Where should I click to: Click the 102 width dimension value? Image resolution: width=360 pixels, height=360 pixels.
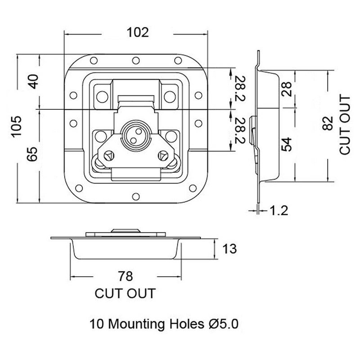[x=138, y=32]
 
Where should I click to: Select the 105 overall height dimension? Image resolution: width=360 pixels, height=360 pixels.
[x=17, y=127]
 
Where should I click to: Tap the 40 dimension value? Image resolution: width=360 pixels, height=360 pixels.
[x=34, y=81]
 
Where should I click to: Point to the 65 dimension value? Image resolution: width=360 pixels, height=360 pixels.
[x=32, y=154]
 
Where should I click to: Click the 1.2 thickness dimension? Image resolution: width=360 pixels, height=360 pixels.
[x=278, y=210]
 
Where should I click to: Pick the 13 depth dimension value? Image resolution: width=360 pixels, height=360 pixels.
[x=229, y=249]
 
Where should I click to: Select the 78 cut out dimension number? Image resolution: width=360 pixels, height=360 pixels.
[x=126, y=276]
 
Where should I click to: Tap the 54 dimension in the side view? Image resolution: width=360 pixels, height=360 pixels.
[x=287, y=144]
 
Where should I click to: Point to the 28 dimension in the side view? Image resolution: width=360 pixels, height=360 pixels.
[x=287, y=89]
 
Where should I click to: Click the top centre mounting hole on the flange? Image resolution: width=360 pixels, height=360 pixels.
[x=136, y=61]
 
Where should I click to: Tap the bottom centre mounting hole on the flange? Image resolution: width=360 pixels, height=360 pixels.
[x=136, y=197]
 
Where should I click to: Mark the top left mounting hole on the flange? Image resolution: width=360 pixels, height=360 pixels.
[x=94, y=61]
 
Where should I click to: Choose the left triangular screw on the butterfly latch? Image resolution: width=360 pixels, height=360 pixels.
[x=109, y=156]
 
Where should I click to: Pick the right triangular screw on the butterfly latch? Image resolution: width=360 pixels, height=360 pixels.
[x=163, y=156]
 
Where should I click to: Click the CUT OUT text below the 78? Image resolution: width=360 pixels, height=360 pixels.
[x=125, y=293]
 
